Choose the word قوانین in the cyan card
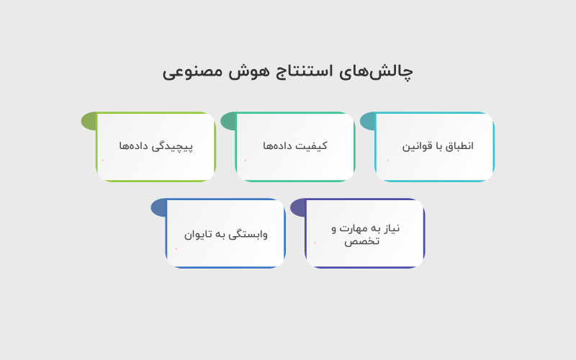point(417,146)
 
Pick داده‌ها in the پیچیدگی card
point(135,146)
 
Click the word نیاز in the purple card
point(390,228)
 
